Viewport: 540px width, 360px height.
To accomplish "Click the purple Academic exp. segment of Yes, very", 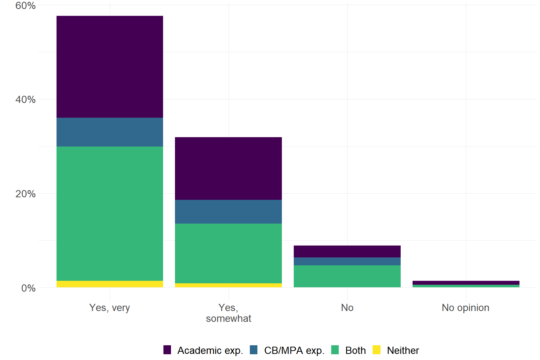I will coord(110,67).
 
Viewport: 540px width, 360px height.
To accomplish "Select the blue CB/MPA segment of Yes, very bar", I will coord(110,132).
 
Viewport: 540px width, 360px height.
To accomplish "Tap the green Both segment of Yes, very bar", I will coord(110,213).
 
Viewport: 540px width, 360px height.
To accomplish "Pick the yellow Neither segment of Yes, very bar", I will coord(110,284).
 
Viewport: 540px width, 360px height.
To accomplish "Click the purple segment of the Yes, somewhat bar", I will coord(228,168).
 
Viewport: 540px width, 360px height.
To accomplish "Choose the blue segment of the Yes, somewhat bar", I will coord(228,212).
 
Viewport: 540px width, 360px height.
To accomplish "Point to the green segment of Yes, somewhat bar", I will coord(228,253).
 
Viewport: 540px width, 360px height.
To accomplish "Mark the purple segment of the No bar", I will coord(347,251).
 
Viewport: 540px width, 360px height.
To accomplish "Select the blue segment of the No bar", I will coord(347,261).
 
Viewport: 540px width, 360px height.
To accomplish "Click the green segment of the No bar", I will coord(347,276).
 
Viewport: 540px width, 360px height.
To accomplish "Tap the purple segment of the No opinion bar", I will coord(466,283).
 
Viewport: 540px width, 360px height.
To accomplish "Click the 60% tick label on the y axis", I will coord(25,6).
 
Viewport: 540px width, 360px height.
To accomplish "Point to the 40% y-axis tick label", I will coord(25,100).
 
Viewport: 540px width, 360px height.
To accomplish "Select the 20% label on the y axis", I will coord(25,194).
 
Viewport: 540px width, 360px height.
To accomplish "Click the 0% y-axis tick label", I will coord(28,288).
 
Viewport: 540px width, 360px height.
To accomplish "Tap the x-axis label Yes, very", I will coord(109,308).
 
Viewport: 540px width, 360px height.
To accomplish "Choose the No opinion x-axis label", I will coord(465,308).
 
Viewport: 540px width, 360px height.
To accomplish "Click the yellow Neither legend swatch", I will coord(377,350).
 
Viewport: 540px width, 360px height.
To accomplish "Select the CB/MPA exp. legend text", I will coord(294,351).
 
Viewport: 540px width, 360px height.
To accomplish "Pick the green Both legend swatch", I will coord(335,350).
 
